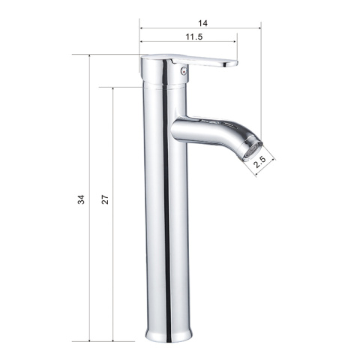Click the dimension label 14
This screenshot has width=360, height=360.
click(x=202, y=23)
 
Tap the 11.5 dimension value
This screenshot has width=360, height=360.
click(x=194, y=37)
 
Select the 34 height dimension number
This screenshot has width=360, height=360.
click(x=81, y=199)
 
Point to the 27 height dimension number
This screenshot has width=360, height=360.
click(x=105, y=199)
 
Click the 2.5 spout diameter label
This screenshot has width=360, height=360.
click(x=259, y=163)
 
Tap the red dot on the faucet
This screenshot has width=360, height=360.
click(x=184, y=70)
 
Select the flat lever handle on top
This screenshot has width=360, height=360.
click(x=204, y=61)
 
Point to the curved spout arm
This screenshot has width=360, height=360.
click(x=215, y=131)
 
